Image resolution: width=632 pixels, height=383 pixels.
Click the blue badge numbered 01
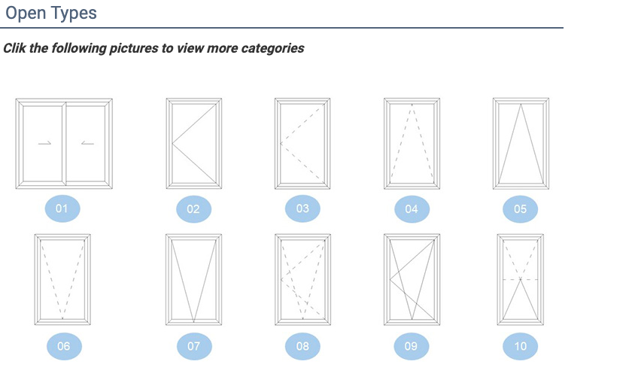(x=62, y=209)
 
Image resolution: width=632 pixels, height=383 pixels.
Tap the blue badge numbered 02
(x=194, y=209)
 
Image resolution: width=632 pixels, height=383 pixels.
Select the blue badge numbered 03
(x=302, y=209)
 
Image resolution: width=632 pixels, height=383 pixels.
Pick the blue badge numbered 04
(x=412, y=209)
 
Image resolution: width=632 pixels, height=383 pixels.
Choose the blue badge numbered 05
(x=521, y=209)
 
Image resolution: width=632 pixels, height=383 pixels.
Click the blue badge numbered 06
(x=64, y=346)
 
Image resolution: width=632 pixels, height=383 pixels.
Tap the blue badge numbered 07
(x=194, y=346)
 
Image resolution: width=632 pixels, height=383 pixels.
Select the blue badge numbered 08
(x=302, y=346)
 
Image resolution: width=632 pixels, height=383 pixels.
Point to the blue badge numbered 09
(x=411, y=346)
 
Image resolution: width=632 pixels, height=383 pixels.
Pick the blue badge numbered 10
(x=521, y=346)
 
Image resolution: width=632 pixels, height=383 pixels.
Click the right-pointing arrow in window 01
(x=44, y=143)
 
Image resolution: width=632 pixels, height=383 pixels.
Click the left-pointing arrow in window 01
(x=87, y=143)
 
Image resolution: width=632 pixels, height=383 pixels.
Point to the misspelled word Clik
(x=15, y=48)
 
